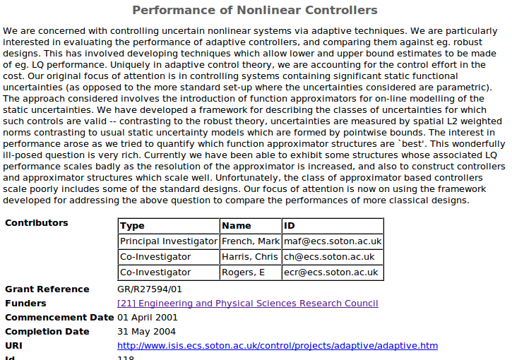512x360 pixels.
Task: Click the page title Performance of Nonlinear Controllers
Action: (255, 11)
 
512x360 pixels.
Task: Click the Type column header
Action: (132, 226)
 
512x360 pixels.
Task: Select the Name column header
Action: (236, 226)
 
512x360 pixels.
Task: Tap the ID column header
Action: (290, 226)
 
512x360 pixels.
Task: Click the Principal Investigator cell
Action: (168, 241)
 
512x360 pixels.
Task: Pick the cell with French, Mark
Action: (250, 241)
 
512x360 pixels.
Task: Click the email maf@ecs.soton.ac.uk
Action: (332, 241)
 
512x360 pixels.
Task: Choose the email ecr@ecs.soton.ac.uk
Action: (331, 272)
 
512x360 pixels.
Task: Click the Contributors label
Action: (37, 223)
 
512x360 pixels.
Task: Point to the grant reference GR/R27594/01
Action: (150, 289)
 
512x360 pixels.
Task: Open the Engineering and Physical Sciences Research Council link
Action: (247, 304)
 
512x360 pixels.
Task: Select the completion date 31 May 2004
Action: (147, 332)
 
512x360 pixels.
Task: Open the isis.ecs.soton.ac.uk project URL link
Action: (278, 346)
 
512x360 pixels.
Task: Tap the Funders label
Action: (25, 304)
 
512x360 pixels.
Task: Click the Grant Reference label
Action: (47, 289)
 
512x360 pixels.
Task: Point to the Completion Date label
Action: (47, 332)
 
